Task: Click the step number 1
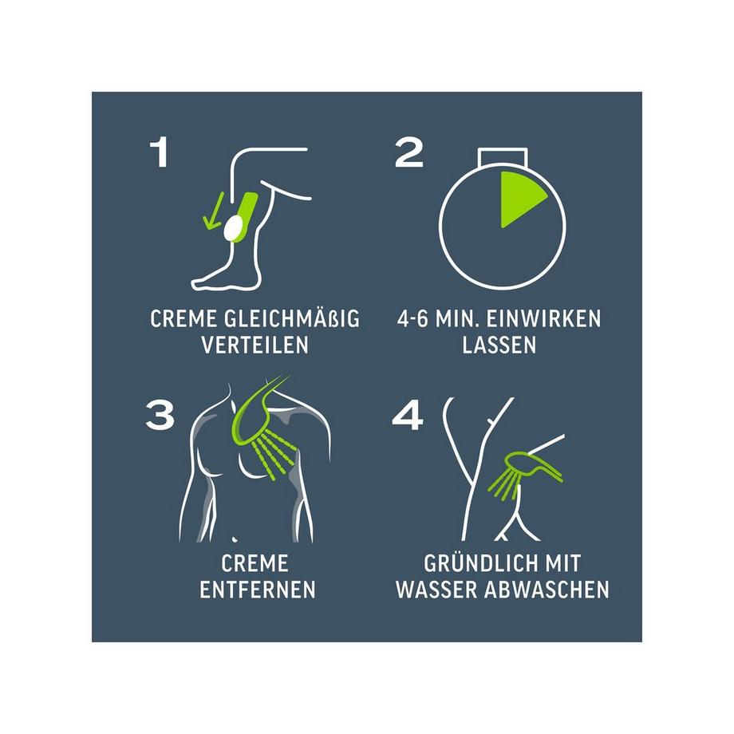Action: tap(159, 152)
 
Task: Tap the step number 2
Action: tap(408, 152)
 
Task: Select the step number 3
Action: tap(160, 414)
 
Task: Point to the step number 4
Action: tap(408, 415)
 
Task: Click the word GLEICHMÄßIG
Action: tap(292, 319)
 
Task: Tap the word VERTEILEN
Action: tap(255, 345)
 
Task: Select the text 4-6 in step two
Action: tap(412, 319)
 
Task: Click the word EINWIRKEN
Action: tap(543, 319)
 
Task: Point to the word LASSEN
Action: tap(499, 345)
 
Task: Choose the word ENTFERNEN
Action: tap(258, 590)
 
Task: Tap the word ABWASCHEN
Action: tap(547, 590)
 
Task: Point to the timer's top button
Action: tap(503, 157)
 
